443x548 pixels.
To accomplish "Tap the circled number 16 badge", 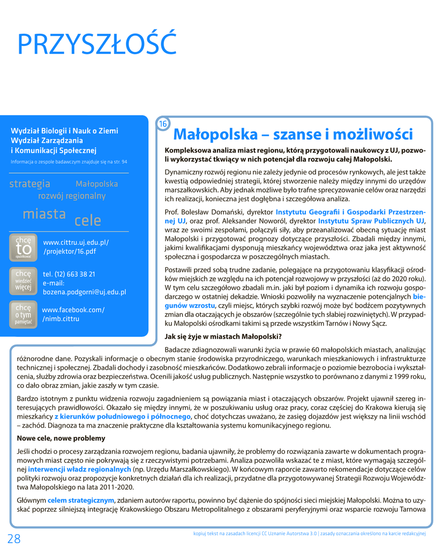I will tap(163, 124).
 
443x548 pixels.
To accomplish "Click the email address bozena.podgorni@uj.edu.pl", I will tap(84, 292).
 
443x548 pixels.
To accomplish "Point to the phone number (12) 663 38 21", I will tap(69, 274).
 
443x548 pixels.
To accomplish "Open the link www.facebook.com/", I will tap(73, 310).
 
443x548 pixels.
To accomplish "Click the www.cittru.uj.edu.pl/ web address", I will tap(76, 242).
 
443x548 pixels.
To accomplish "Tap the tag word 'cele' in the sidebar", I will tap(88, 219).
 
